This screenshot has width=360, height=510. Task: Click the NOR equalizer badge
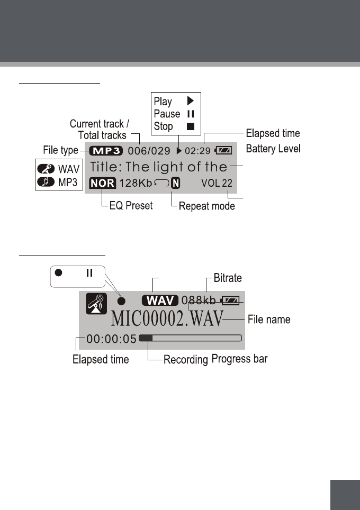[x=102, y=184]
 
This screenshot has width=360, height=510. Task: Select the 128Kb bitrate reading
[x=136, y=184]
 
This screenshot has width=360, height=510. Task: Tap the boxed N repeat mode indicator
[x=175, y=184]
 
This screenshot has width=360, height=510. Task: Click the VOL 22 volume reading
[x=217, y=184]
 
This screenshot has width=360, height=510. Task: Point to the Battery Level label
[x=274, y=149]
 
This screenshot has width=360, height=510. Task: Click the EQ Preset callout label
[x=131, y=206]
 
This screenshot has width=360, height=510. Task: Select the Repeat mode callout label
[x=207, y=206]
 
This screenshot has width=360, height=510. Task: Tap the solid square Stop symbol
[x=191, y=126]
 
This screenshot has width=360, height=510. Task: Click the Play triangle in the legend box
[x=191, y=101]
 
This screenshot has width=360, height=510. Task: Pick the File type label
[x=61, y=151]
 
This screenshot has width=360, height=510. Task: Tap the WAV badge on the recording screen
[x=160, y=300]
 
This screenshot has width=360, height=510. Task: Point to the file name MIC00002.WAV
[x=167, y=319]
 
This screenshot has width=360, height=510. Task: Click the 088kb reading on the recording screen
[x=199, y=300]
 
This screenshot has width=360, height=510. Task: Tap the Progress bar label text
[x=239, y=359]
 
